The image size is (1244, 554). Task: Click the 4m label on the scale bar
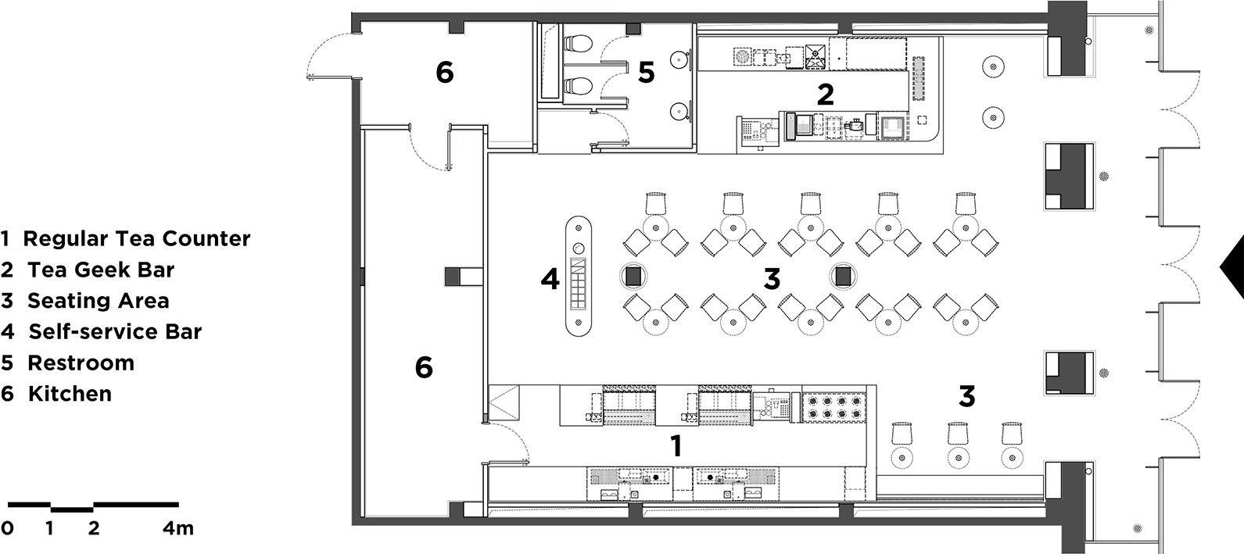pyautogui.click(x=178, y=528)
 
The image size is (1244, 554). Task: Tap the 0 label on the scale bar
pyautogui.click(x=7, y=528)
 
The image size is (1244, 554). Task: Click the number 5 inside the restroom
pyautogui.click(x=646, y=72)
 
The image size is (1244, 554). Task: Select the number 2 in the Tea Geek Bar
pyautogui.click(x=825, y=95)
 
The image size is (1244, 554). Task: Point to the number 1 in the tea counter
pyautogui.click(x=676, y=445)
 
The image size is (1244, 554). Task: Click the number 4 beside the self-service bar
pyautogui.click(x=550, y=279)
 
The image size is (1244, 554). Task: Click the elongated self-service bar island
pyautogui.click(x=579, y=276)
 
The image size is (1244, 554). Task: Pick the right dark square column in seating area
pyautogui.click(x=843, y=277)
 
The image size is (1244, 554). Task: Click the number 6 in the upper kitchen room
pyautogui.click(x=445, y=72)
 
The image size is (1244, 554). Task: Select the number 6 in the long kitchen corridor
pyautogui.click(x=424, y=367)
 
